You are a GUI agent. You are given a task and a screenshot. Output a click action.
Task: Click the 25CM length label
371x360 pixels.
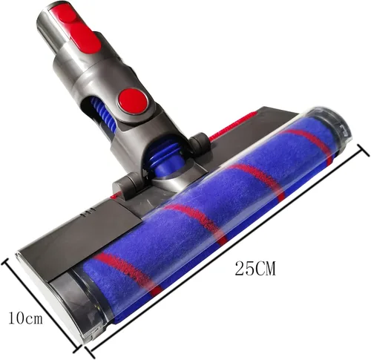coord(255,268)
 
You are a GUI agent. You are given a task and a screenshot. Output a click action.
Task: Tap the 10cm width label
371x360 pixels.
coord(25,318)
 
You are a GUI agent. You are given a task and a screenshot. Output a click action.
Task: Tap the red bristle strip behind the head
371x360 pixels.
coord(234,125)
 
